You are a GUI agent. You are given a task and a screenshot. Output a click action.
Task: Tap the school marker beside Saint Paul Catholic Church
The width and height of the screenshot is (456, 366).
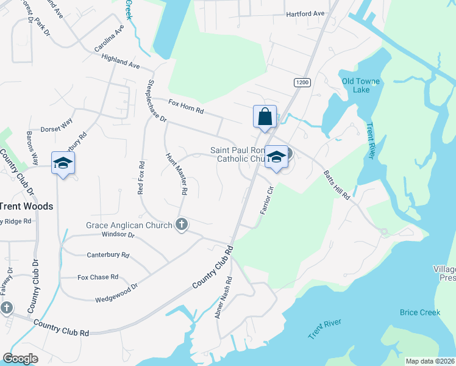pyautogui.click(x=276, y=157)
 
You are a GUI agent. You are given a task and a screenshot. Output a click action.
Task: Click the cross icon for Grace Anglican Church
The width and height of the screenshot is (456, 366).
pyautogui.click(x=180, y=225)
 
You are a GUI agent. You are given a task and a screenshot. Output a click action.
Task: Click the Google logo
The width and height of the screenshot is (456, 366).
pyautogui.click(x=20, y=359)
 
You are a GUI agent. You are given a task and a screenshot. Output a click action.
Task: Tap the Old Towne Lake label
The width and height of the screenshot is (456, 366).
pyautogui.click(x=361, y=85)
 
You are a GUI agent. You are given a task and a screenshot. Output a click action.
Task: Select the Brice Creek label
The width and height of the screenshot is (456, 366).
pyautogui.click(x=420, y=312)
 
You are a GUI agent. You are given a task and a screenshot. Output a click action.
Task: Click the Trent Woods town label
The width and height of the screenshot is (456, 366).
pyautogui.click(x=26, y=206)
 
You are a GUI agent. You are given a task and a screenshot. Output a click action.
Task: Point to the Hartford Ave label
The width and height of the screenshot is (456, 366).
pyautogui.click(x=305, y=14)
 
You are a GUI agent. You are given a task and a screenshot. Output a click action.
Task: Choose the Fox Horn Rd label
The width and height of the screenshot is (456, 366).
pyautogui.click(x=186, y=110)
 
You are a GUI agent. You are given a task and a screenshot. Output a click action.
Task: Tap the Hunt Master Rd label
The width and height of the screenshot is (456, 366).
pyautogui.click(x=176, y=174)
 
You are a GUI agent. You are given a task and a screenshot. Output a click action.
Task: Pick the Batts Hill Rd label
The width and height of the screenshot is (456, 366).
pyautogui.click(x=337, y=185)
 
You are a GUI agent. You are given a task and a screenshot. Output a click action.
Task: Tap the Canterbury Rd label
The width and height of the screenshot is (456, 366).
pyautogui.click(x=109, y=255)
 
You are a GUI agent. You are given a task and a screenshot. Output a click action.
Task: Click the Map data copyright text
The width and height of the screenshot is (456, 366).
pyautogui.click(x=429, y=361)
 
